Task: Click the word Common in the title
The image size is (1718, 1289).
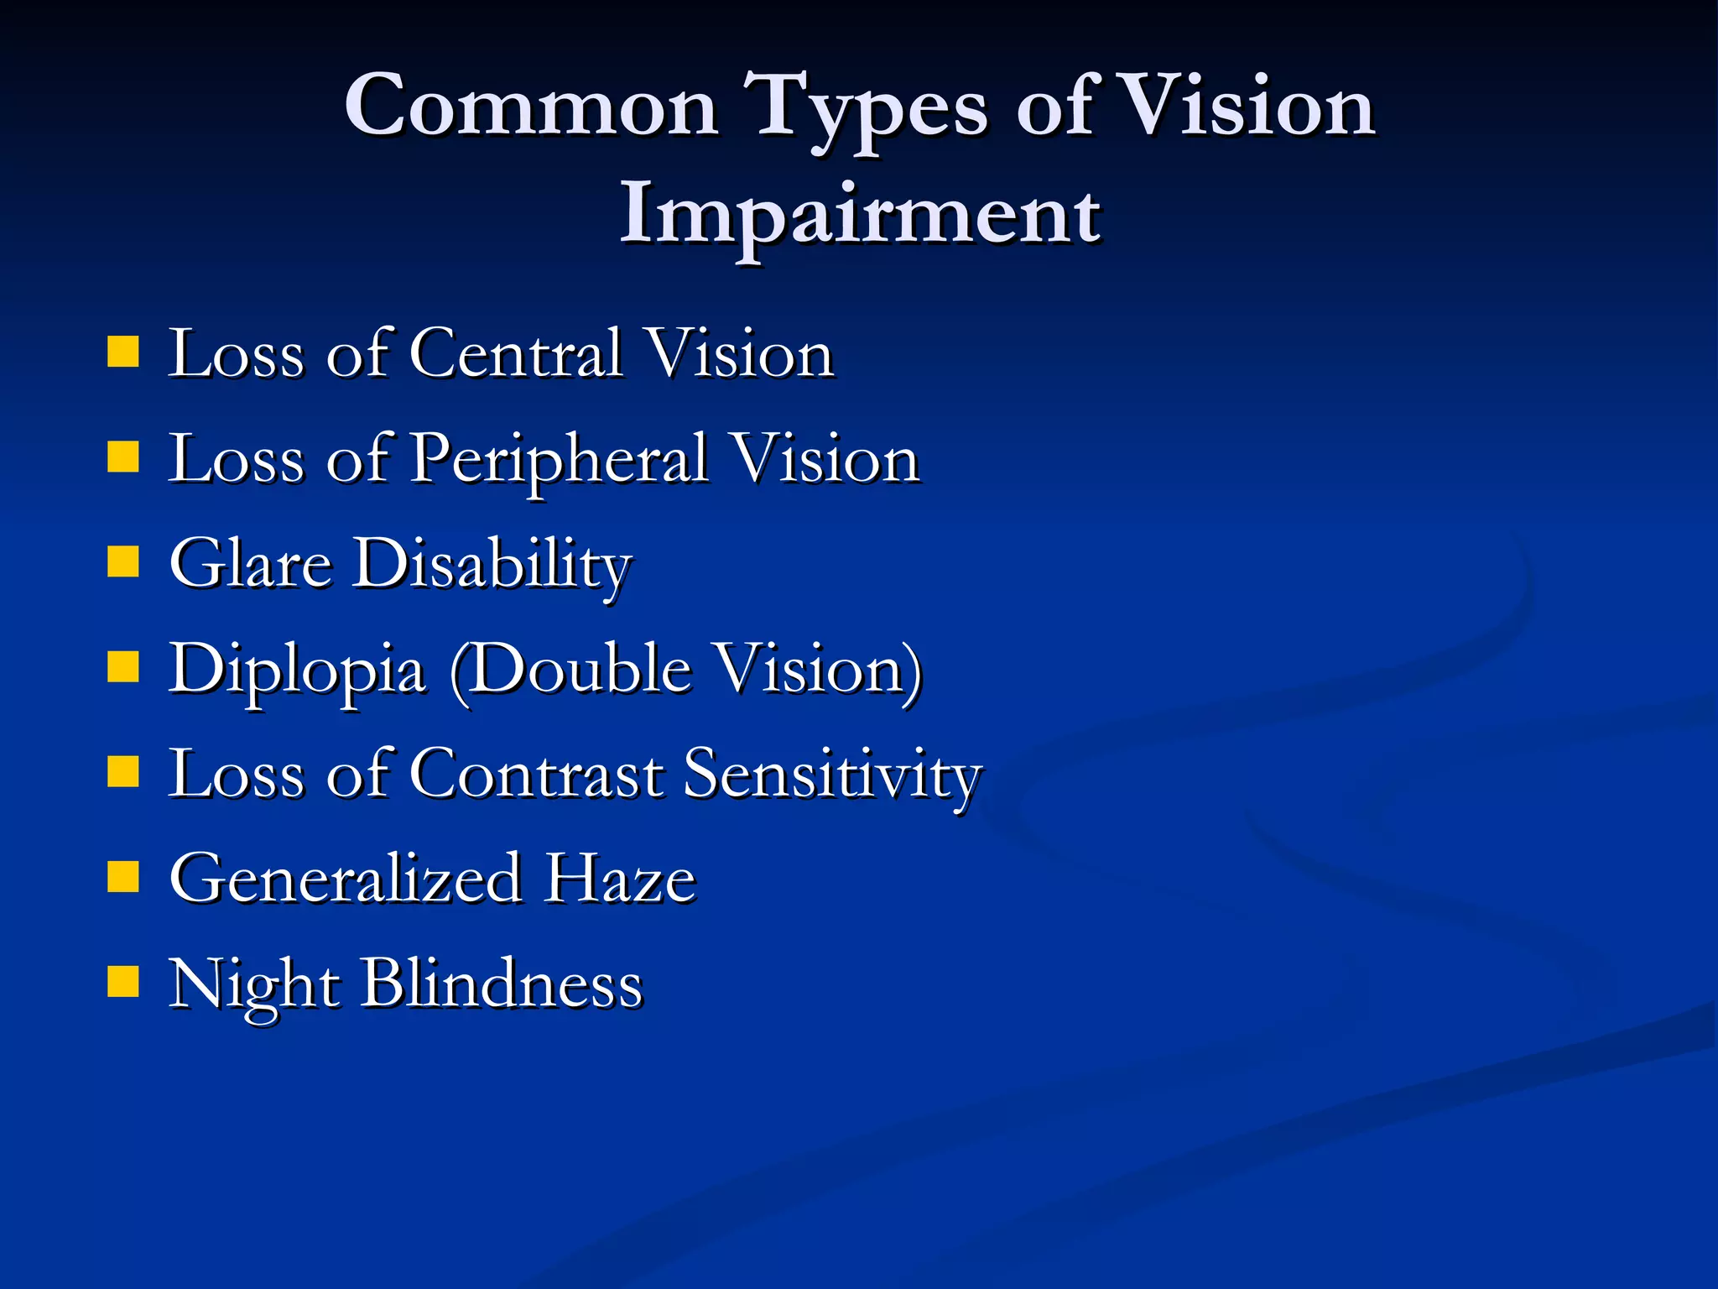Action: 531,107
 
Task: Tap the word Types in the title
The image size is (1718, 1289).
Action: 872,109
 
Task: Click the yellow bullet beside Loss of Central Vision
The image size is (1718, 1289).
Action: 123,353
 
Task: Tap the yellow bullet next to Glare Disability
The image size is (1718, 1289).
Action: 123,562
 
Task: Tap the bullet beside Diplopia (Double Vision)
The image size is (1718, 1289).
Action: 123,669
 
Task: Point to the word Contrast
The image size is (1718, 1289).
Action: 537,774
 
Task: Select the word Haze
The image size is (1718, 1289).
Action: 621,879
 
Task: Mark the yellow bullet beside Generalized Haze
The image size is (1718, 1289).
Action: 123,879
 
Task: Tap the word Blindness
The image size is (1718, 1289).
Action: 502,984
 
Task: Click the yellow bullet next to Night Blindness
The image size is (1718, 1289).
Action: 123,981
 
